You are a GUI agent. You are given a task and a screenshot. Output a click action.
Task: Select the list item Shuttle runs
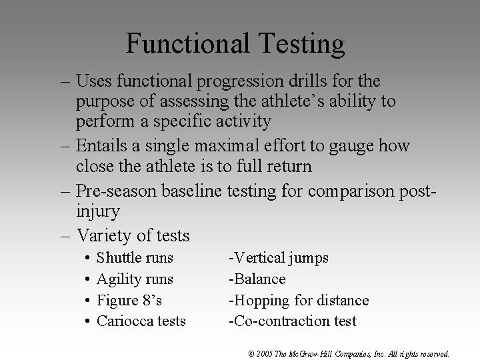(135, 258)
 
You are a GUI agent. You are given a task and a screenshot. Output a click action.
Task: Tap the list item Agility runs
(135, 279)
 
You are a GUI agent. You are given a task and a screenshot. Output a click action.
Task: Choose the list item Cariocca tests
(141, 321)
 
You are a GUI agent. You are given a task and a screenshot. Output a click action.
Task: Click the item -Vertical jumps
(279, 258)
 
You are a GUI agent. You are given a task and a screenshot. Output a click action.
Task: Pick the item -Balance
(257, 279)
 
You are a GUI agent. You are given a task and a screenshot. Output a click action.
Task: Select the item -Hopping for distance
(299, 300)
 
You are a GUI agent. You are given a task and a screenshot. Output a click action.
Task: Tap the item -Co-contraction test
(293, 321)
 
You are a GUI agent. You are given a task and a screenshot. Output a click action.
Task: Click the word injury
(97, 212)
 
